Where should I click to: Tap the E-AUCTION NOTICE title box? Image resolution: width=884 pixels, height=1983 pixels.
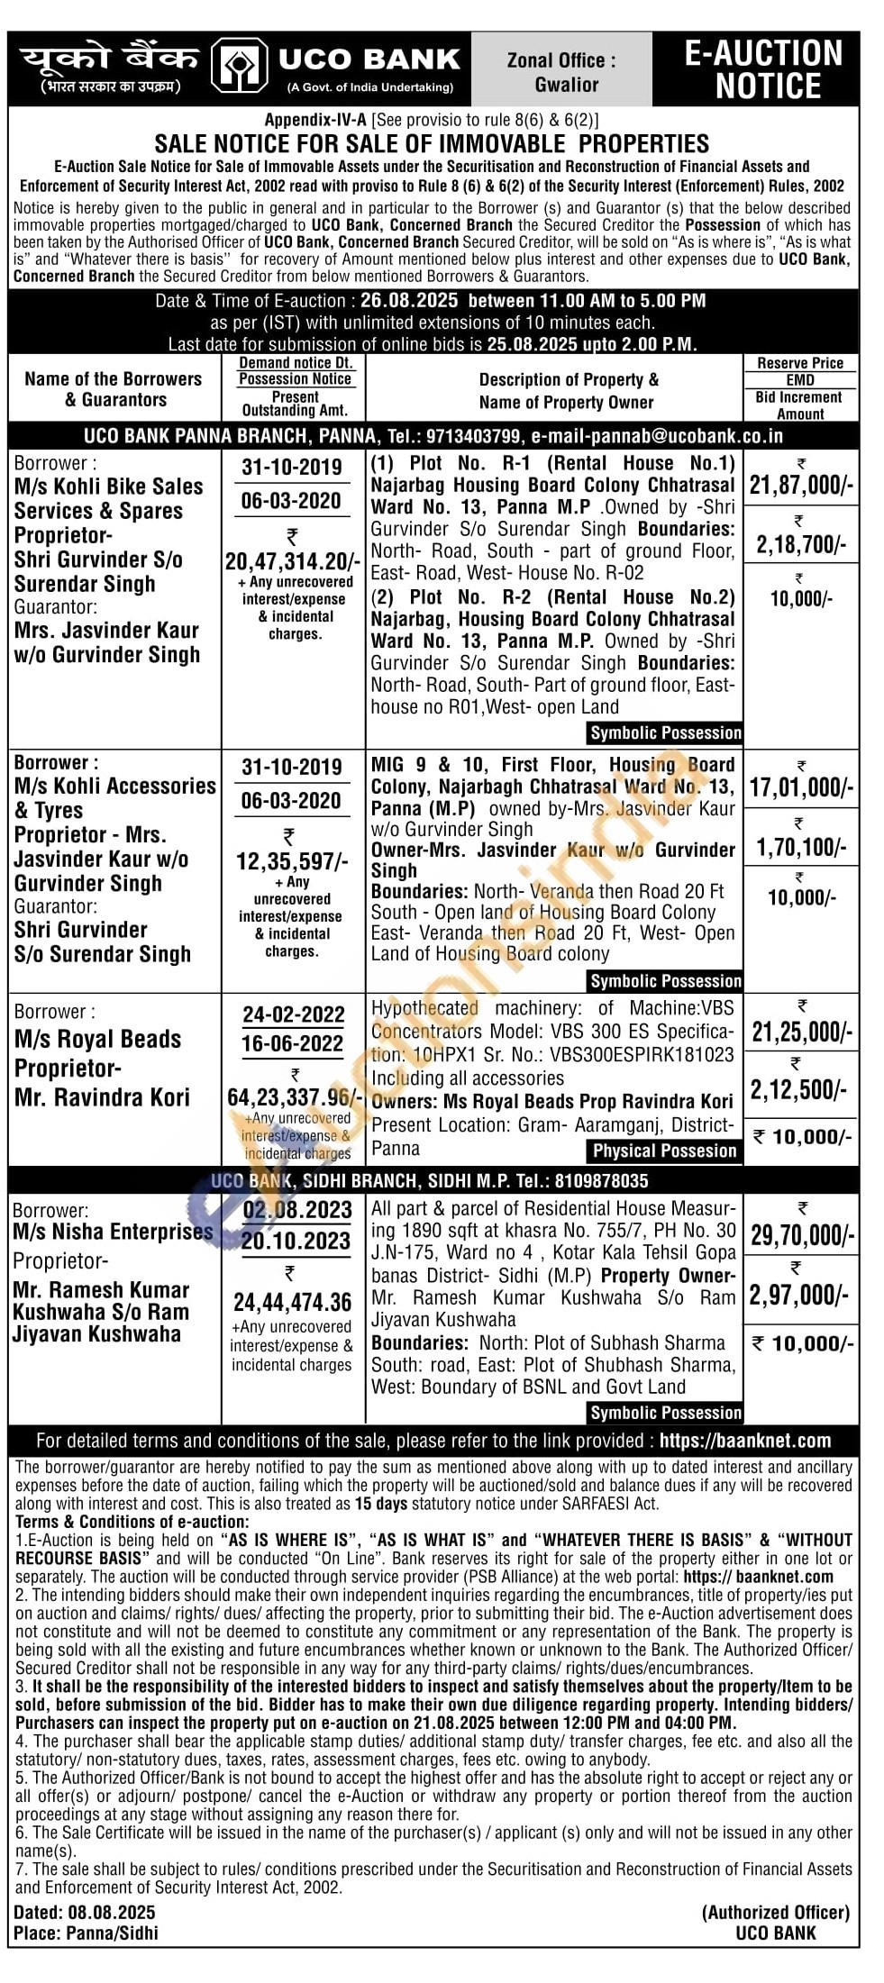click(x=763, y=69)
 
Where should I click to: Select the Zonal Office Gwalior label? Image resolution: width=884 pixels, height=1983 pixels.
click(x=561, y=72)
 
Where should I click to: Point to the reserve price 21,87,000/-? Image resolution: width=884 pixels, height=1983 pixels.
click(x=800, y=486)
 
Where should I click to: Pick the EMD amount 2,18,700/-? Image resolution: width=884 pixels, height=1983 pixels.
click(x=800, y=544)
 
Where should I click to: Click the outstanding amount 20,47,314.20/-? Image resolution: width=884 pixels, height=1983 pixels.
click(x=293, y=561)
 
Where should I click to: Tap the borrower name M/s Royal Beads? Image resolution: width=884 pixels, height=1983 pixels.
click(x=98, y=1039)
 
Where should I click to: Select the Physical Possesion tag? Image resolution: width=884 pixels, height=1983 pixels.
click(x=664, y=1151)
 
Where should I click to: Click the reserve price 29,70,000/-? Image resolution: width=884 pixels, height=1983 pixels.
click(x=801, y=1234)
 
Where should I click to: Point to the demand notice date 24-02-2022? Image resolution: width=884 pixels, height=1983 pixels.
click(x=294, y=1014)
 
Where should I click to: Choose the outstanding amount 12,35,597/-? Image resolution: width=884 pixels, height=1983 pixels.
click(x=292, y=861)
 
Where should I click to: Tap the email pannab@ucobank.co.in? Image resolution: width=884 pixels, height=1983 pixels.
click(x=657, y=436)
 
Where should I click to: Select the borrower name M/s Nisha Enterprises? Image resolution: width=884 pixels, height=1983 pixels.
click(x=114, y=1232)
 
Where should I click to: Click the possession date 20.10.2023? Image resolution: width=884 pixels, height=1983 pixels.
click(x=296, y=1241)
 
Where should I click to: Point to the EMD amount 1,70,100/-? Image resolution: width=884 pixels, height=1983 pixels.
click(x=800, y=847)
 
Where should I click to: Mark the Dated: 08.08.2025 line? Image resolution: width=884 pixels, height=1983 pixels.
click(x=85, y=1912)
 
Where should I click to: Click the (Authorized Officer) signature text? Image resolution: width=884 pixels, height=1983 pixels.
click(x=776, y=1912)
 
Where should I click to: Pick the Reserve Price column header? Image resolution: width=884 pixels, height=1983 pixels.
click(x=800, y=363)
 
